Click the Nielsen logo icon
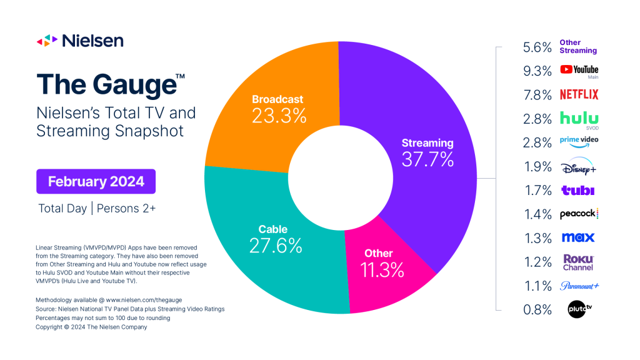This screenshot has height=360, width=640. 47,41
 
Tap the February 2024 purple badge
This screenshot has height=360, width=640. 96,181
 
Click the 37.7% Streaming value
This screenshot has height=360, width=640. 427,159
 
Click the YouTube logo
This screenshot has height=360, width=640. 579,70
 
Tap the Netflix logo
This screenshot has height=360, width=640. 579,95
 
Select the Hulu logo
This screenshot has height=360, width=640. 579,117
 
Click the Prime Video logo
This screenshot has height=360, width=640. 579,142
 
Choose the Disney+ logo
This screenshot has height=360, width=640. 579,167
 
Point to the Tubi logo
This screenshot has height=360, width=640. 579,191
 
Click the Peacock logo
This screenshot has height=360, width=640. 579,214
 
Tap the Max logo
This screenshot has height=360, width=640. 579,237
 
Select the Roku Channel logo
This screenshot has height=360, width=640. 579,262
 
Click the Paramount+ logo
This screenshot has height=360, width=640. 579,286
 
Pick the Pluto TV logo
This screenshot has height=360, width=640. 579,309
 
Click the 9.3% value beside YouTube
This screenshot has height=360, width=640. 537,71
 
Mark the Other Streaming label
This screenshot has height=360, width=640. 578,47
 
